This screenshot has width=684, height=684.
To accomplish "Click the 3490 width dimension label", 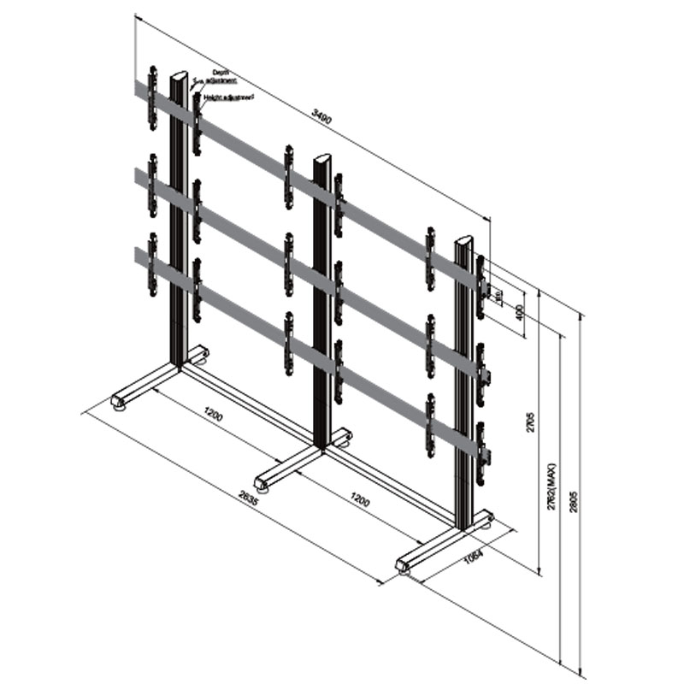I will (321, 117).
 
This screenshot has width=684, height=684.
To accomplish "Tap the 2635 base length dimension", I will (249, 495).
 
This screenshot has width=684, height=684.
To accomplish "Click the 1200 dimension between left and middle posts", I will (214, 416).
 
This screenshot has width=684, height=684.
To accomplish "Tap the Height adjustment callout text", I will (229, 98).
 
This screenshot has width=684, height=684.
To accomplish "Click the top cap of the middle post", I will (322, 159).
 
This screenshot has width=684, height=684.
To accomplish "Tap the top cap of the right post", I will (463, 241).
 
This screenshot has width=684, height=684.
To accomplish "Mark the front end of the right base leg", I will (404, 564).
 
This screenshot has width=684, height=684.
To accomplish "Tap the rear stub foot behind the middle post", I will (343, 437).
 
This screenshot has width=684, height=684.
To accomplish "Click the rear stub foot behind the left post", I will (200, 353).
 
